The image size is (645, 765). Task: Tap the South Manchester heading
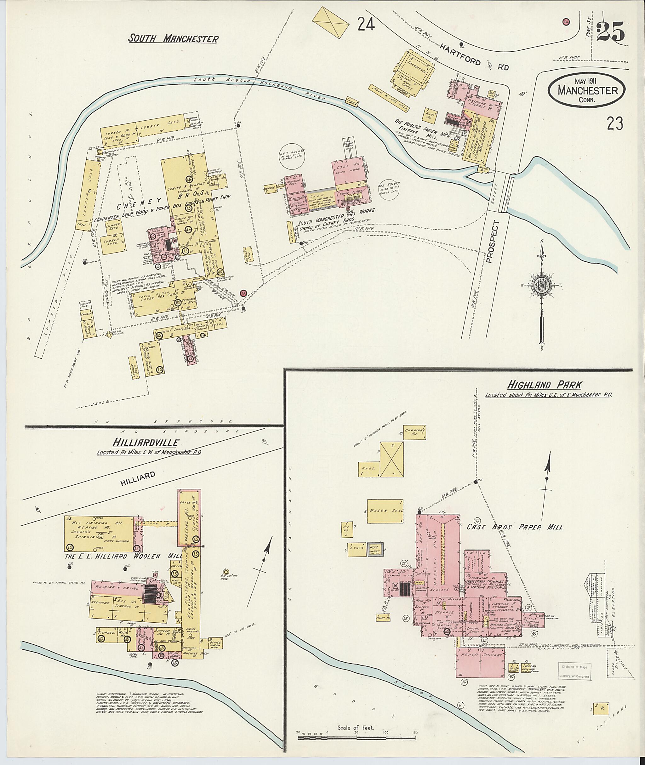pyautogui.click(x=173, y=39)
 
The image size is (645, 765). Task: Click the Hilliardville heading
pyautogui.click(x=146, y=443)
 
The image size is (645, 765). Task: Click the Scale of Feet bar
pyautogui.click(x=357, y=738)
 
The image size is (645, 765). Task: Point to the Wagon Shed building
pyautogui.click(x=385, y=511)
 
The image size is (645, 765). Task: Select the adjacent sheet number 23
pyautogui.click(x=615, y=123)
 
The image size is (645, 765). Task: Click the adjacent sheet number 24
pyautogui.click(x=366, y=25)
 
